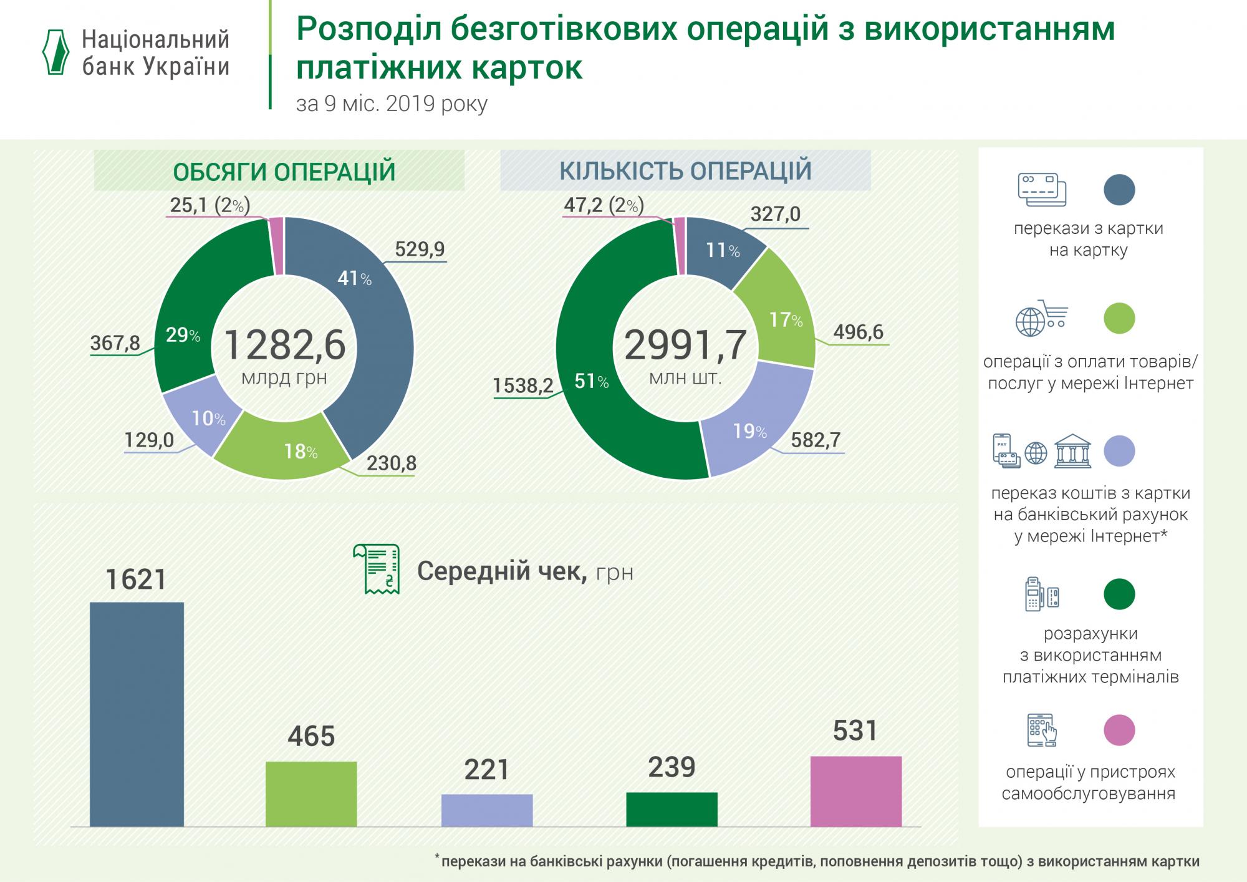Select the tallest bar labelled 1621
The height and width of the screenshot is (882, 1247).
(x=137, y=714)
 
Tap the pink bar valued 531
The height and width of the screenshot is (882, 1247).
(x=855, y=791)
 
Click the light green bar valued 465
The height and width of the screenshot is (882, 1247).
(x=311, y=793)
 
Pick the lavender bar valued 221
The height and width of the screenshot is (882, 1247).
(x=487, y=810)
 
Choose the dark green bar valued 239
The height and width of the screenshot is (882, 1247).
(x=672, y=809)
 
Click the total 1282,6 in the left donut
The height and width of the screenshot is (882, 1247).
(x=284, y=346)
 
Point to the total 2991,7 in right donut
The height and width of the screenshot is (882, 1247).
(x=685, y=346)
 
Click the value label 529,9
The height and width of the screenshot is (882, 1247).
(x=420, y=250)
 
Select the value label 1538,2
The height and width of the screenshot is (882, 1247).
(x=522, y=385)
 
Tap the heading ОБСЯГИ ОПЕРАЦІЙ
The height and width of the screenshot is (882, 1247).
(x=284, y=172)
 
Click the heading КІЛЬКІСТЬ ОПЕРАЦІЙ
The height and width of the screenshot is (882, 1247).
(x=685, y=170)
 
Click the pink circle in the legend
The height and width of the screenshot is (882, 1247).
(x=1119, y=730)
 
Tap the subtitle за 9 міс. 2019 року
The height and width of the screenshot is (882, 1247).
(x=392, y=104)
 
